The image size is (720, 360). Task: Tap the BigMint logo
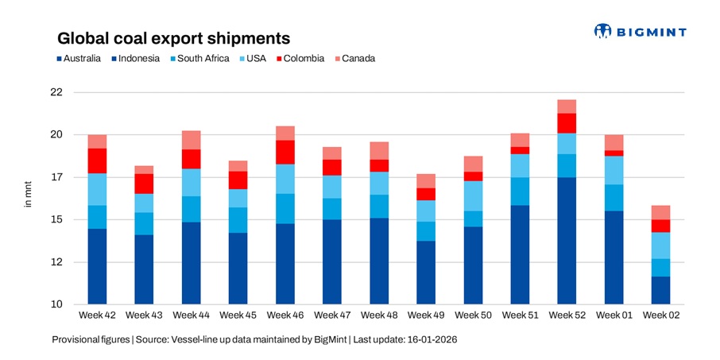640,32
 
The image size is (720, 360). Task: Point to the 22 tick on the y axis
56,92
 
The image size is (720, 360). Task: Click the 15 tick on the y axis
56,220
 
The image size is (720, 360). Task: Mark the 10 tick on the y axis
56,305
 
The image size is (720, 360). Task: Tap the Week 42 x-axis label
97,316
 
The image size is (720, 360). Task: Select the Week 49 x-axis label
426,316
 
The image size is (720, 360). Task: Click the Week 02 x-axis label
661,316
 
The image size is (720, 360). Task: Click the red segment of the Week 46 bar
285,152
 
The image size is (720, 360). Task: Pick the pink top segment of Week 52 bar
567,106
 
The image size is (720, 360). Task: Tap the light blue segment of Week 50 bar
473,196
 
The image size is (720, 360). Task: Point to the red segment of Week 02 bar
661,226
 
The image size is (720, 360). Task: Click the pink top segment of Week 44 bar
191,140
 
